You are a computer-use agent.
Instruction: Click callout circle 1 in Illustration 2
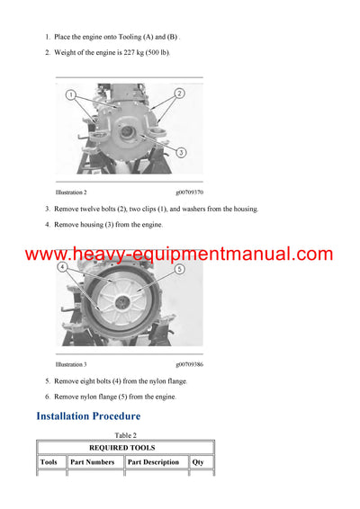click(x=71, y=93)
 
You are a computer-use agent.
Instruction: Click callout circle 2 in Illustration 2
click(x=179, y=93)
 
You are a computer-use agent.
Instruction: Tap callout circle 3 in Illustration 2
click(x=181, y=154)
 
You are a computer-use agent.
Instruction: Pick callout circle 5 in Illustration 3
click(x=179, y=269)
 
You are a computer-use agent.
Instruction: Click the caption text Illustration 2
click(x=71, y=192)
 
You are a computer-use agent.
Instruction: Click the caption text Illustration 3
click(x=71, y=364)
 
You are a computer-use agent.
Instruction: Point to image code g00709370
click(x=189, y=192)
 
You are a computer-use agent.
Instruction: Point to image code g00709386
click(x=189, y=364)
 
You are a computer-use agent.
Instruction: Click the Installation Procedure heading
click(x=88, y=416)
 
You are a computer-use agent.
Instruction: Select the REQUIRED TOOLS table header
click(x=127, y=448)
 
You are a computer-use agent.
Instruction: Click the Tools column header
click(x=49, y=462)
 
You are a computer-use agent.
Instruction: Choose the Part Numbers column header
click(x=94, y=462)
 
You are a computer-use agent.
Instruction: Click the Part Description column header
click(x=153, y=462)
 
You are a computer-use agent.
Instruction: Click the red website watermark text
click(x=179, y=254)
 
